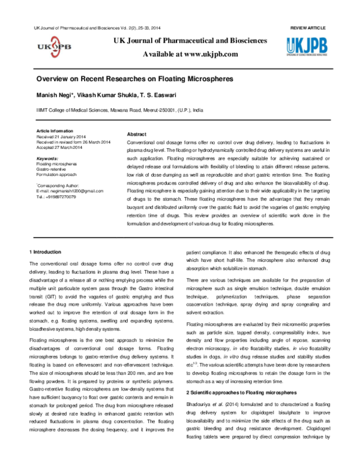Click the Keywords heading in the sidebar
(47, 158)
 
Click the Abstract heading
(137, 134)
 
